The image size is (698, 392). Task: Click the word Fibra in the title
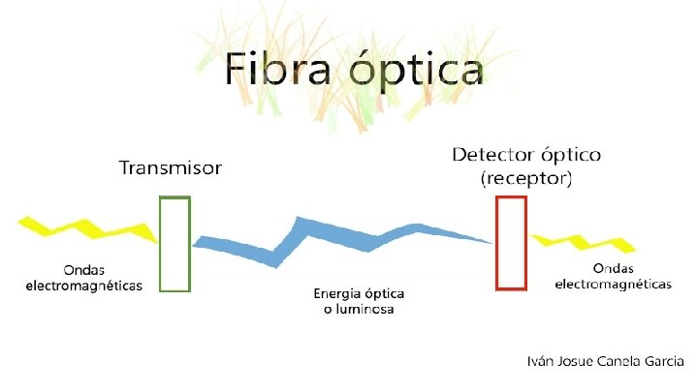click(x=278, y=71)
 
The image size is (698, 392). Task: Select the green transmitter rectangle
click(x=174, y=243)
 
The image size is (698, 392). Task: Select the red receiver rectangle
click(x=511, y=242)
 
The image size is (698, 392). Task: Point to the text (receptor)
click(x=527, y=179)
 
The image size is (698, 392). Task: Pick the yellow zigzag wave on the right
click(x=587, y=243)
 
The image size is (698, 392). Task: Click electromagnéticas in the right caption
click(x=613, y=285)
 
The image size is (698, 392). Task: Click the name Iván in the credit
click(x=541, y=361)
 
